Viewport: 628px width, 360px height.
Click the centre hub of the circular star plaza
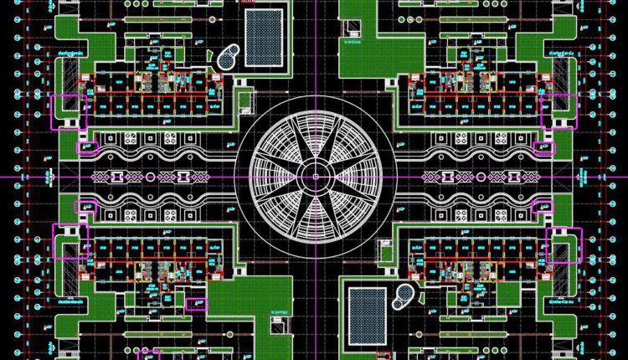click(315, 177)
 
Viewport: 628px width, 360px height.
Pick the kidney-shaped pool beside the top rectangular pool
click(227, 59)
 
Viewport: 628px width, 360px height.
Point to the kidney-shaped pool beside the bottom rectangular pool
click(404, 294)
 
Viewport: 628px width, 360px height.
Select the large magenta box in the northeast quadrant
click(559, 111)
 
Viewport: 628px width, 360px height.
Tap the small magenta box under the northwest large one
click(87, 148)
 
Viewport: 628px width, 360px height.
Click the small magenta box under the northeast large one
click(544, 148)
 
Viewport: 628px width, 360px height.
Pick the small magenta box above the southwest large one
click(85, 206)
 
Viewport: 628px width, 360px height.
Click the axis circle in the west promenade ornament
click(151, 177)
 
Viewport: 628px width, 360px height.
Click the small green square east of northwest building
click(245, 100)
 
